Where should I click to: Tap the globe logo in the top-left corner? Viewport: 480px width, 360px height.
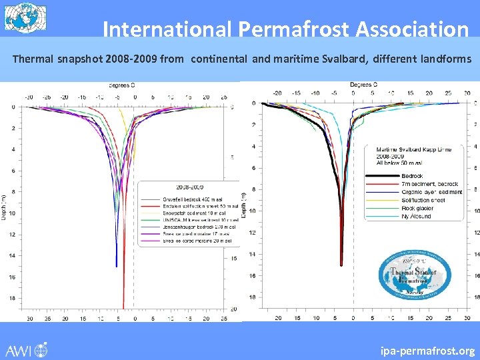click(22, 17)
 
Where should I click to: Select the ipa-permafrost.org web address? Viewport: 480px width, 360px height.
click(427, 350)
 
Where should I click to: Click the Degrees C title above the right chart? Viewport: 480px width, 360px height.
click(363, 85)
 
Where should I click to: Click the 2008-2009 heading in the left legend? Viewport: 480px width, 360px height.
click(189, 189)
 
